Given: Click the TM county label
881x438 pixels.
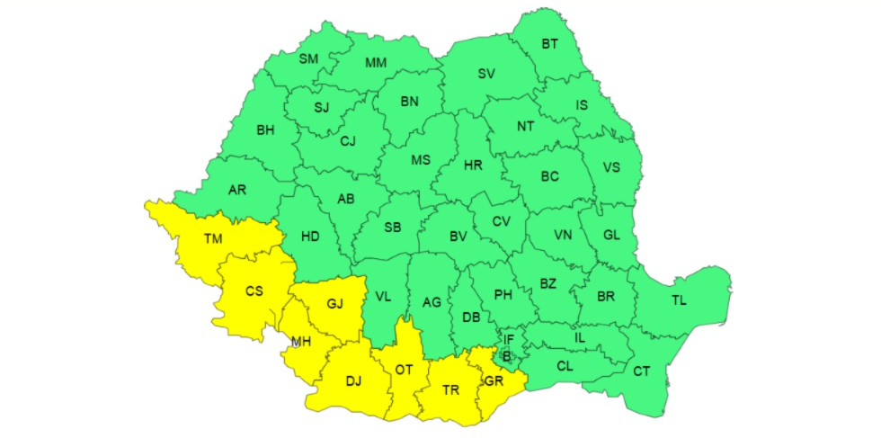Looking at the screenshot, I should (212, 238).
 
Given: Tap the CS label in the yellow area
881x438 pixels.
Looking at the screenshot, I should (254, 291).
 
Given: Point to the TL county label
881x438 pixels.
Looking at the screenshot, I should (678, 299).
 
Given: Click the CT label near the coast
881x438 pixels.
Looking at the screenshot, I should (642, 371).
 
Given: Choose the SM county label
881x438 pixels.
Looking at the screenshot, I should (308, 59).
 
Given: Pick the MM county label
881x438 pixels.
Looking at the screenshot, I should (377, 63).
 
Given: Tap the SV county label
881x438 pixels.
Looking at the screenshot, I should (486, 73).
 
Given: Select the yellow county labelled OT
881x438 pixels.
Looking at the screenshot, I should (404, 370).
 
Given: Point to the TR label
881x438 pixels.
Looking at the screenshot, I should (451, 390).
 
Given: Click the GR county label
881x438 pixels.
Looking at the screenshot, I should (494, 380).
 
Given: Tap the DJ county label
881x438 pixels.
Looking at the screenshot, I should (353, 381).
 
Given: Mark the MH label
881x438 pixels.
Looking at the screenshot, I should (301, 342).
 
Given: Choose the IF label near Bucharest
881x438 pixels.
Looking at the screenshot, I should (509, 339).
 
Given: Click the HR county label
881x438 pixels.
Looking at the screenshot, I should (473, 165).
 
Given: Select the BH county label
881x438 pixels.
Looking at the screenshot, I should (265, 130).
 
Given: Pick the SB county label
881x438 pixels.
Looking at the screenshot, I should (392, 228).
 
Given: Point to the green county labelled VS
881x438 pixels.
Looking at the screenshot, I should (611, 167).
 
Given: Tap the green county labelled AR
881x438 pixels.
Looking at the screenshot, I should (237, 190).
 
